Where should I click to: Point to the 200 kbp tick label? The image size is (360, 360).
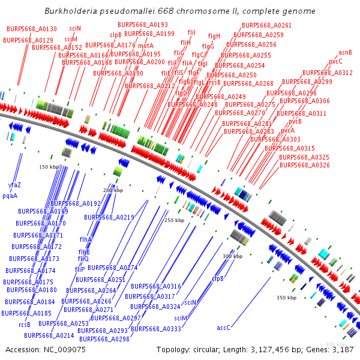[113, 190]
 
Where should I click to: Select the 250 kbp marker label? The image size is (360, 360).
[174, 220]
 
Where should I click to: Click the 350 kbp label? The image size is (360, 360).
[286, 298]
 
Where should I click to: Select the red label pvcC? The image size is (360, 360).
[335, 61]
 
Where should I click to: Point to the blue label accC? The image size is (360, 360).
[223, 328]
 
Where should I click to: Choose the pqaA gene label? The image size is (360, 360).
[10, 196]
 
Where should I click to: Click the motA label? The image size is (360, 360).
[146, 46]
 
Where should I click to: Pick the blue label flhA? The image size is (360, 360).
[85, 239]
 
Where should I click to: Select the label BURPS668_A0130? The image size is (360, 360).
[32, 29]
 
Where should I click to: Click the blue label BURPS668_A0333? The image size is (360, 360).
[156, 329]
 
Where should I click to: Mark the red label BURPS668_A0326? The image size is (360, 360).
[304, 165]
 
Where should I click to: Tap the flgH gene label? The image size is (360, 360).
[214, 36]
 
